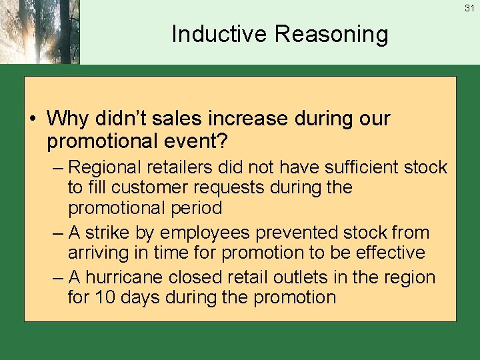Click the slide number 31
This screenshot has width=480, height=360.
tap(469, 8)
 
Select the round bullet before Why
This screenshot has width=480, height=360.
tap(33, 119)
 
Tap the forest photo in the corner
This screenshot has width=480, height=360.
tap(39, 32)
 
